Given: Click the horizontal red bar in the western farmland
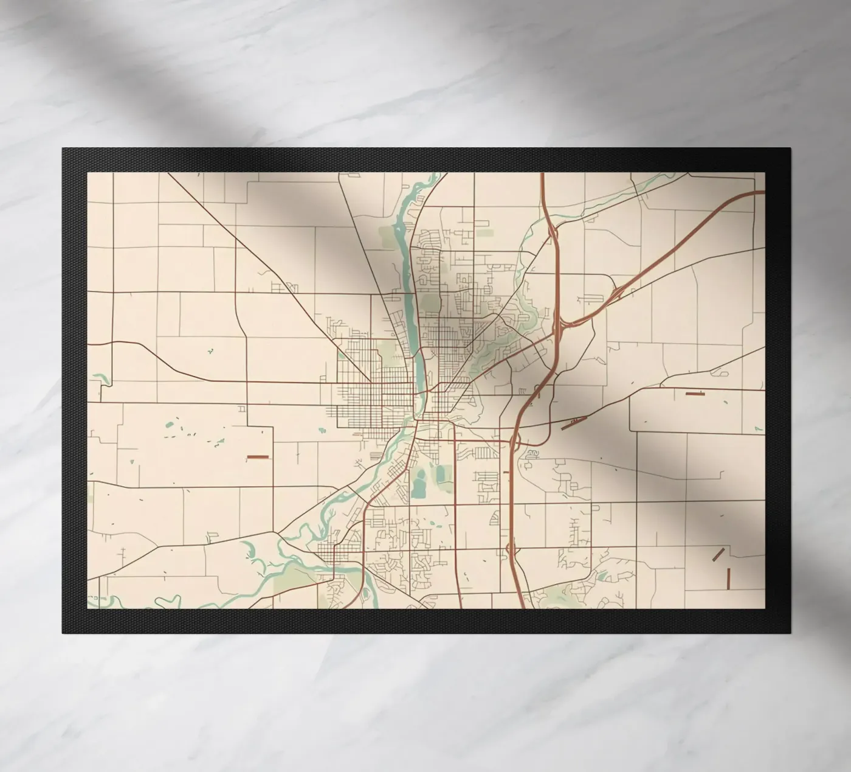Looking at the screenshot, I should pyautogui.click(x=257, y=456).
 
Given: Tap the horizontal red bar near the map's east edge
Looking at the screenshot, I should pyautogui.click(x=694, y=394).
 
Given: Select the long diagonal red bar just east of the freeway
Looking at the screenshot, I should pyautogui.click(x=574, y=423).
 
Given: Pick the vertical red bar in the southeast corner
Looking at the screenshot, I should pyautogui.click(x=728, y=579).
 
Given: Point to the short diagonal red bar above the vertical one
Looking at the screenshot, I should pyautogui.click(x=718, y=554).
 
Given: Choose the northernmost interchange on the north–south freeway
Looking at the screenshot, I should pyautogui.click(x=552, y=232).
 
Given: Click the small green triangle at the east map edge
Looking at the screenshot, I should pyautogui.click(x=757, y=428).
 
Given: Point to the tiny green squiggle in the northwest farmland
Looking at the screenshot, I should pyautogui.click(x=210, y=351).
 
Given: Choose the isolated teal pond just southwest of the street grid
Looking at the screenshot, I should pyautogui.click(x=321, y=430).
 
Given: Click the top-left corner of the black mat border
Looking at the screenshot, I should pyautogui.click(x=62, y=148).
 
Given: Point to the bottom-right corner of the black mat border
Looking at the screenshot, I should pyautogui.click(x=790, y=633).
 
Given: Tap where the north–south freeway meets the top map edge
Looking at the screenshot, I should pyautogui.click(x=542, y=174).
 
